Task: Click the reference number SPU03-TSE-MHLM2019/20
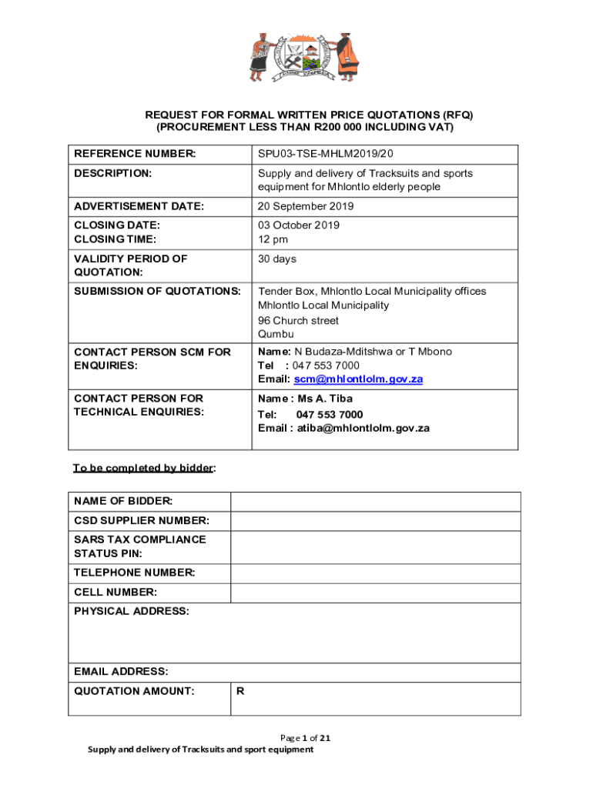[x=331, y=154]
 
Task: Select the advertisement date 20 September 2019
[x=306, y=206]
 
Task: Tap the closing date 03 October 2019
[x=299, y=225]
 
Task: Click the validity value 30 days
[x=277, y=259]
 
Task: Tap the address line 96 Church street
[x=298, y=320]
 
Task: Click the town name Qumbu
[x=276, y=335]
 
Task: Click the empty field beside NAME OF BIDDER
[x=375, y=502]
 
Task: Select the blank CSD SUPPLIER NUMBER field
[x=375, y=522]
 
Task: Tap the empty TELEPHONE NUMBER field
[x=375, y=573]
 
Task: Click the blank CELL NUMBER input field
[x=375, y=593]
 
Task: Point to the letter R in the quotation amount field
[x=240, y=691]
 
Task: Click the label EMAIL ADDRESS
[x=121, y=672]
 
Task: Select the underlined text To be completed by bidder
[x=143, y=468]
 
